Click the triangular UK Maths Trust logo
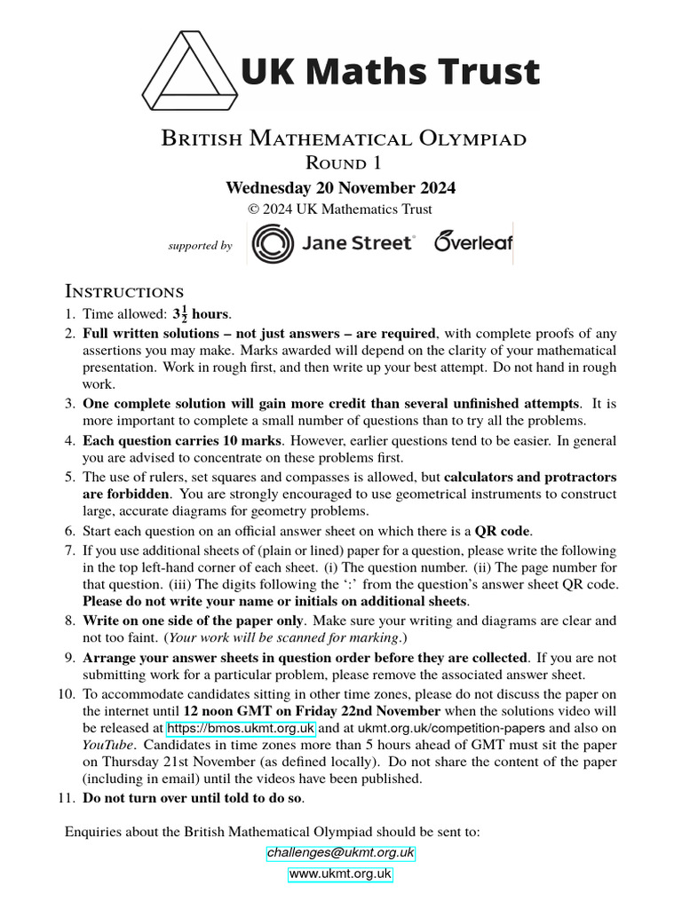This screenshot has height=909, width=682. click(x=189, y=68)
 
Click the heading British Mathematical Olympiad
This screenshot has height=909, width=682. click(x=343, y=138)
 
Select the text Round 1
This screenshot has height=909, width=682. click(x=341, y=162)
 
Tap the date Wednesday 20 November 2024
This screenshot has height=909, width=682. click(x=340, y=187)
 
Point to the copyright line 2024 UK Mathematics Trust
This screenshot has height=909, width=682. click(x=340, y=209)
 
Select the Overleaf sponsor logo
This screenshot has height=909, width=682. click(x=472, y=242)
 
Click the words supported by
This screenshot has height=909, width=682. click(x=200, y=246)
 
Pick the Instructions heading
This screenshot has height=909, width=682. click(x=124, y=291)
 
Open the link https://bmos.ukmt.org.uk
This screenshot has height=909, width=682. click(x=240, y=729)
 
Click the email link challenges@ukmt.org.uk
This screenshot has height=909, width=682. click(x=340, y=853)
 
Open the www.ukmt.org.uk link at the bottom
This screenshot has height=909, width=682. click(x=340, y=873)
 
